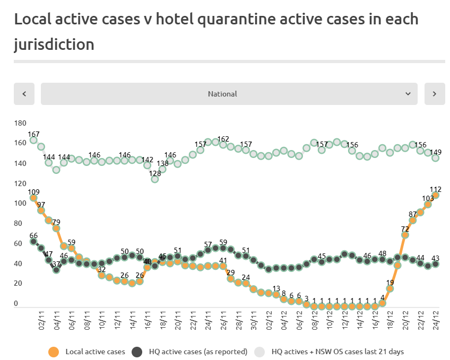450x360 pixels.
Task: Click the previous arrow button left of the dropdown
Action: (24, 94)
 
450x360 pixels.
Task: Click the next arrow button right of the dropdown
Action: (435, 94)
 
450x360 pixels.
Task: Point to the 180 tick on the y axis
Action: (20, 123)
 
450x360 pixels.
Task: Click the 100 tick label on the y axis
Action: (20, 204)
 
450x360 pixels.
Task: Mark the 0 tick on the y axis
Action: (16, 304)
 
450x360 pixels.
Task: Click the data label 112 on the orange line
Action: (436, 189)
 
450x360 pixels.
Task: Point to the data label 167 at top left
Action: (34, 134)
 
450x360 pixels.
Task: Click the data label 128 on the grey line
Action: (155, 173)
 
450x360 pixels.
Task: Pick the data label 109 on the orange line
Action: (34, 192)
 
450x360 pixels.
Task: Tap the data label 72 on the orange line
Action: (405, 229)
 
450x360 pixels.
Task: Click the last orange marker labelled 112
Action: (435, 195)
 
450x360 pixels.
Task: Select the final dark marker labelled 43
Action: (435, 264)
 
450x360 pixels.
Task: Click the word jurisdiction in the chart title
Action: (54, 44)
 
